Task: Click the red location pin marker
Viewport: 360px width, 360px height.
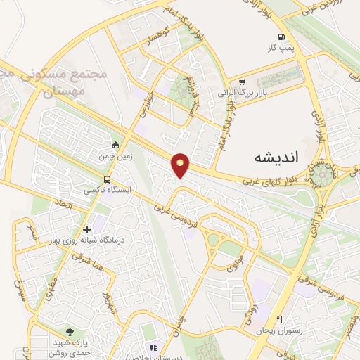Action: point(181,165)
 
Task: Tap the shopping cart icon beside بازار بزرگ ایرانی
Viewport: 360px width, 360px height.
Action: point(242,82)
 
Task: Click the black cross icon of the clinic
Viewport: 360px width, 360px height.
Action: point(86,229)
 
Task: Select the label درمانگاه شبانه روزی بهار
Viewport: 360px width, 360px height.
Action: point(90,241)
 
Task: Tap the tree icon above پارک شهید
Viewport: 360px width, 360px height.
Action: point(69,330)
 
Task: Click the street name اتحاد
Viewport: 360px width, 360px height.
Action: point(59,206)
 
